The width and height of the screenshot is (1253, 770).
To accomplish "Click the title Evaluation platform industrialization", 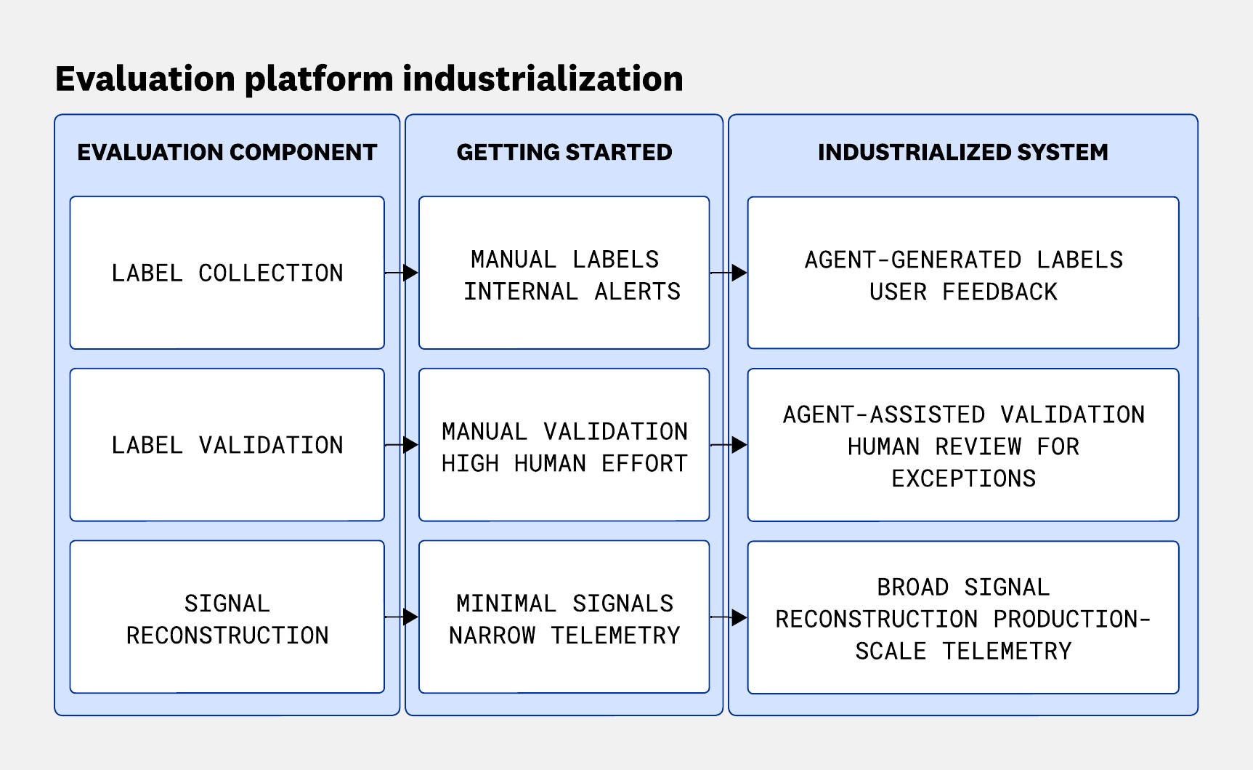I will [369, 79].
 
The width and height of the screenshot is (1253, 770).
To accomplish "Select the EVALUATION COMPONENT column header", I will [227, 152].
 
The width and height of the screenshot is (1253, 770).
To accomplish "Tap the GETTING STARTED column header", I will [564, 152].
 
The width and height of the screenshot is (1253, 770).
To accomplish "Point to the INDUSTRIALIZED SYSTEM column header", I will [962, 152].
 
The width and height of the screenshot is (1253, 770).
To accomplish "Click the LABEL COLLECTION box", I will [227, 273].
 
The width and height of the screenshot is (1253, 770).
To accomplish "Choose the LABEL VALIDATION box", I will [227, 444].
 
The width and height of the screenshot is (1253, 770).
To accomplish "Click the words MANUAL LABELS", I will [564, 259].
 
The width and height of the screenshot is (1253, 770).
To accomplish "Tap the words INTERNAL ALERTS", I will [572, 291].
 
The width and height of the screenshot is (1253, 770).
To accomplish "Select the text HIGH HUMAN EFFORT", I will [564, 462].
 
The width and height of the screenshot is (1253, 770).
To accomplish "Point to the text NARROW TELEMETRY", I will [564, 635].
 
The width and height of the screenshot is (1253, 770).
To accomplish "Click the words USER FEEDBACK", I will [962, 291].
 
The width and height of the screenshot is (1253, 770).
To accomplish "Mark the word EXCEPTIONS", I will [962, 478].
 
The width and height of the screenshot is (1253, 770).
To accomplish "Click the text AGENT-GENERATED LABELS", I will [962, 259].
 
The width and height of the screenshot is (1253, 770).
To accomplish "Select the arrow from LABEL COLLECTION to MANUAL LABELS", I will [402, 273].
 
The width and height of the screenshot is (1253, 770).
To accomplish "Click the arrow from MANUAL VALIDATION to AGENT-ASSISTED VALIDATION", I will [729, 444].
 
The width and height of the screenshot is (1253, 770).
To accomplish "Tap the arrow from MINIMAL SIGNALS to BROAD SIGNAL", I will [729, 617].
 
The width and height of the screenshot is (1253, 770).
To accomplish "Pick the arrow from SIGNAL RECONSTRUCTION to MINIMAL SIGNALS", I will [402, 617].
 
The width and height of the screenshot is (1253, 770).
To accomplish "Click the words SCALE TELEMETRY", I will [962, 650].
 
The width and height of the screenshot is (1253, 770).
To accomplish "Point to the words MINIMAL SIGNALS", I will [564, 603].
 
